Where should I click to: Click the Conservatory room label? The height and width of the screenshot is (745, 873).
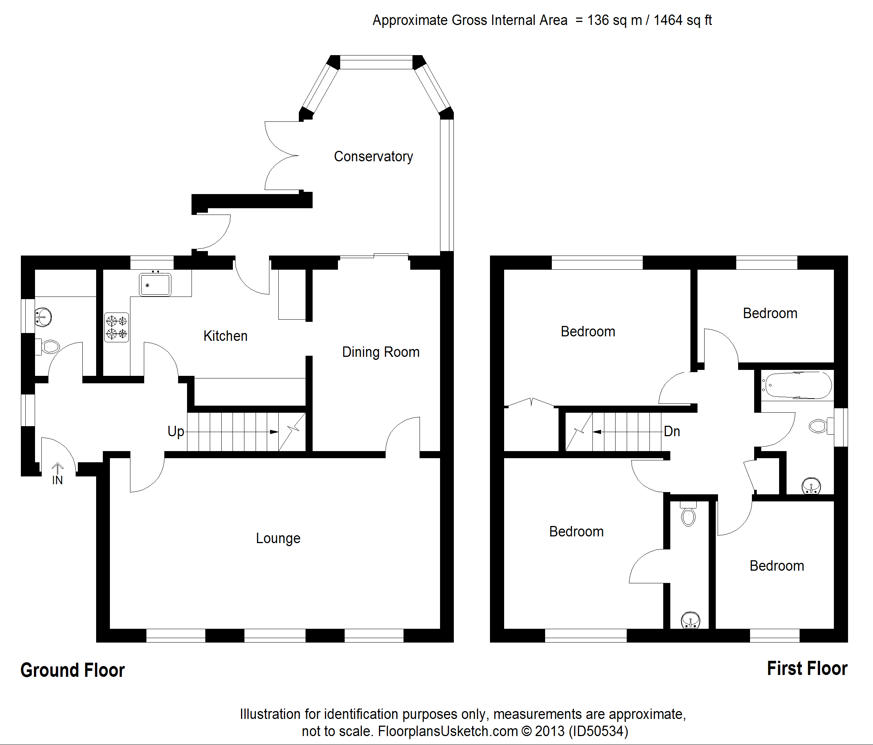(373, 157)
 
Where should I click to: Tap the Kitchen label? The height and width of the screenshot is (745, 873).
(225, 336)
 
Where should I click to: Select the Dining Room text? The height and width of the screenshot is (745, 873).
(381, 352)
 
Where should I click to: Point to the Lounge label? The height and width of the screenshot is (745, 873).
(278, 538)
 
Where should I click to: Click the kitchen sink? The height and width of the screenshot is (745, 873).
(155, 284)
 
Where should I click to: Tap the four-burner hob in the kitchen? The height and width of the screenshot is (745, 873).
(117, 327)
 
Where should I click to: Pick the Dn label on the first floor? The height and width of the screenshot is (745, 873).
(672, 432)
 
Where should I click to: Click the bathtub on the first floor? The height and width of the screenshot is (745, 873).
(797, 385)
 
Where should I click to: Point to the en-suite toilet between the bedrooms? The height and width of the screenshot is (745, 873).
(689, 513)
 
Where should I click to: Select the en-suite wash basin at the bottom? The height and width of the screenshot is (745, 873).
(690, 620)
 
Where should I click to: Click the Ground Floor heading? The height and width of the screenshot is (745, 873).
(72, 670)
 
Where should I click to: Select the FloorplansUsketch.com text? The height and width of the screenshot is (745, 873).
(448, 731)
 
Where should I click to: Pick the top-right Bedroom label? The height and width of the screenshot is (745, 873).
(770, 313)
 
